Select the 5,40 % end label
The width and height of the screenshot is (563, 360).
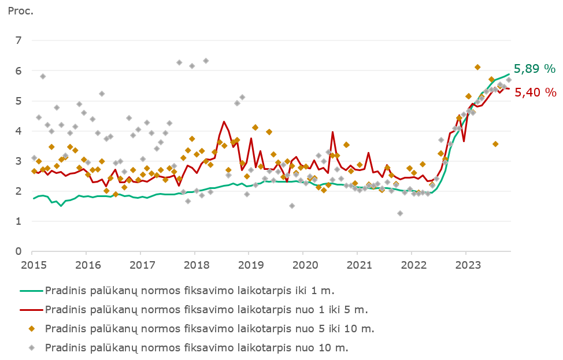[535, 92]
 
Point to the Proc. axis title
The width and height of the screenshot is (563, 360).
[21, 11]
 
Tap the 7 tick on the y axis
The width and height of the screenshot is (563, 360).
[19, 40]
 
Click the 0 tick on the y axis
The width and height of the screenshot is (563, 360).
[19, 251]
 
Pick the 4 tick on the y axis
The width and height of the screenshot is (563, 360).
[19, 131]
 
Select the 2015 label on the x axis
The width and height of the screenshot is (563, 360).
[32, 264]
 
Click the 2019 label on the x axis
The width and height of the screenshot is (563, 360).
[249, 264]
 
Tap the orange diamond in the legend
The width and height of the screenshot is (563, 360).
[32, 328]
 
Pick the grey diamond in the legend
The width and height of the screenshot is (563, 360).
[32, 347]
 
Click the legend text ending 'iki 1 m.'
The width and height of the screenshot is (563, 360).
[190, 290]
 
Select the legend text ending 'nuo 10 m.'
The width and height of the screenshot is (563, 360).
[197, 347]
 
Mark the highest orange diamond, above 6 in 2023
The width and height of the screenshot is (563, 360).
[477, 68]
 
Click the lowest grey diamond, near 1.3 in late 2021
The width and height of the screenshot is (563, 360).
[400, 213]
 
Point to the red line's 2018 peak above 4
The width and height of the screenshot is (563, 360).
[224, 121]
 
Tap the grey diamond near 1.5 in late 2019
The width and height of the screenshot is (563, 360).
[292, 206]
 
